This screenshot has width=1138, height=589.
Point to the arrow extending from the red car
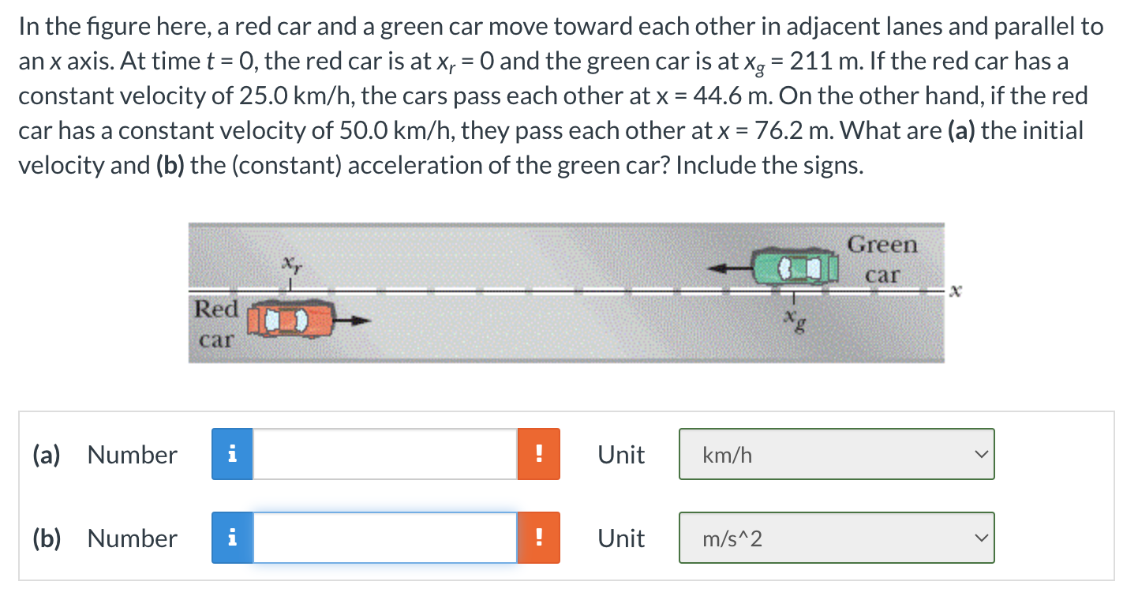[x=353, y=321]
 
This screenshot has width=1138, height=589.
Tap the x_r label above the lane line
[x=292, y=264]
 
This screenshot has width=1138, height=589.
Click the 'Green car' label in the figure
[x=882, y=260]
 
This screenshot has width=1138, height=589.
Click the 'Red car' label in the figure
[x=216, y=324]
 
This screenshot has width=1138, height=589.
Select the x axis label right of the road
[x=956, y=291]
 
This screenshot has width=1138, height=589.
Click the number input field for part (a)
[x=385, y=454]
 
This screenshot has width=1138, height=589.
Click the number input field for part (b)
[x=385, y=538]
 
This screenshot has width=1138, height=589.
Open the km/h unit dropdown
[x=837, y=454]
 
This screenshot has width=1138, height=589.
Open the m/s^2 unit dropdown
[x=837, y=538]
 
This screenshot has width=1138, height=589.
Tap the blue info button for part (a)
[x=232, y=454]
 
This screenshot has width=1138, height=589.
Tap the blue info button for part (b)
[x=232, y=538]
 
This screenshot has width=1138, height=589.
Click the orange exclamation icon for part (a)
[x=539, y=454]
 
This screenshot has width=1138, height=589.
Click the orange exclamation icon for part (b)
[x=539, y=538]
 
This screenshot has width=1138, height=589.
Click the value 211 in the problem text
[x=810, y=62]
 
